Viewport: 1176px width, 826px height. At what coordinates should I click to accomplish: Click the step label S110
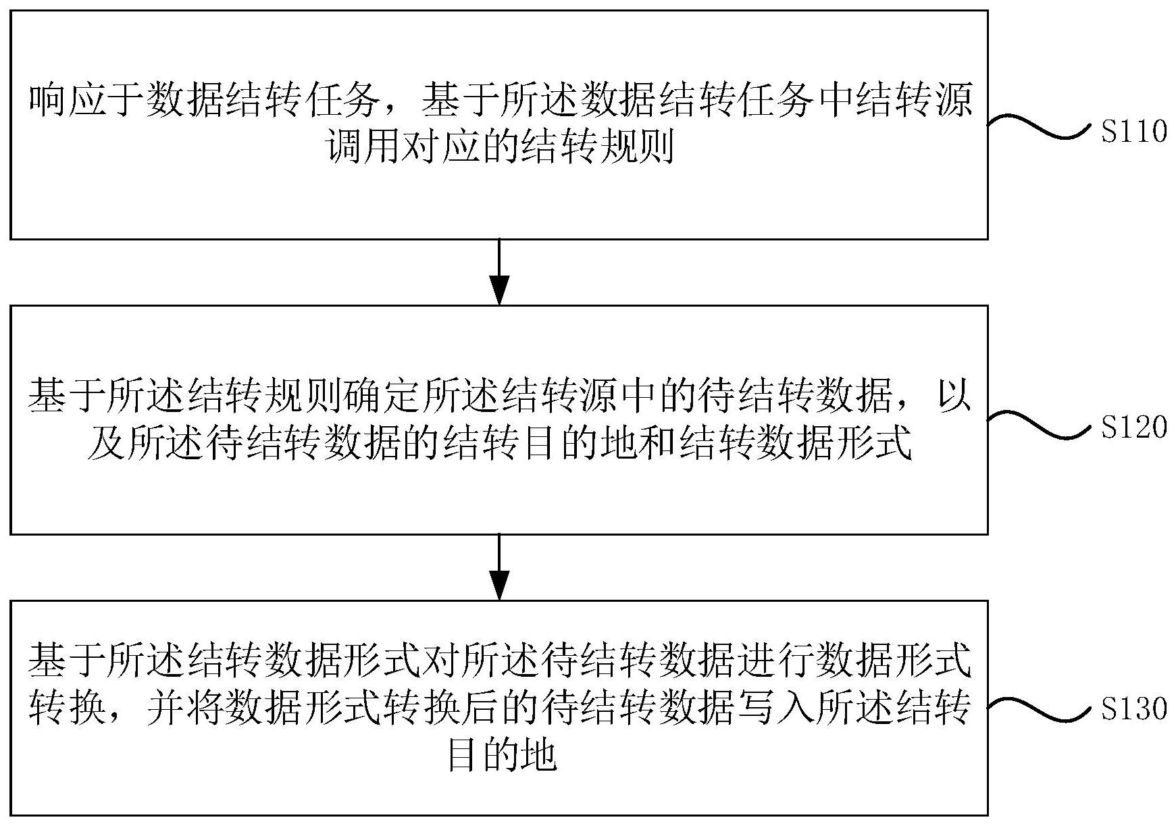1133,132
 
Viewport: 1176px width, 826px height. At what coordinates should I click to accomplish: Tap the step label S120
1133,427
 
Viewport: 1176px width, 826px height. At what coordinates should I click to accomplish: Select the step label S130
1133,709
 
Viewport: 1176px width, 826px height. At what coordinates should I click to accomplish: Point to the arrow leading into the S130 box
498,567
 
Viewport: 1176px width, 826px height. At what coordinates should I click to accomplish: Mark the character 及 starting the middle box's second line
103,444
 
